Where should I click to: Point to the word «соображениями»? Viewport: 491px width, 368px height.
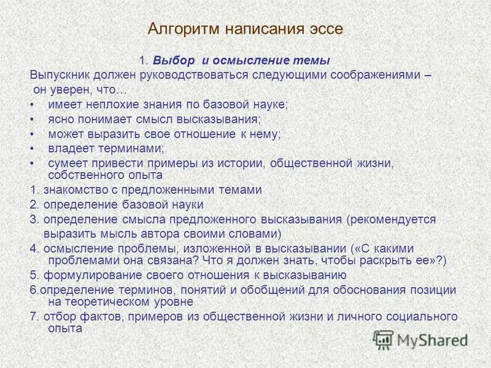[x=379, y=75]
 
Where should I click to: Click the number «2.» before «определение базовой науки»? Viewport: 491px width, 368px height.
[x=34, y=204]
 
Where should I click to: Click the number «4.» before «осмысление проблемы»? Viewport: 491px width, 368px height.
[x=34, y=248]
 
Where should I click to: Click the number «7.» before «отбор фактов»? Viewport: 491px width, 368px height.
[x=34, y=316]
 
